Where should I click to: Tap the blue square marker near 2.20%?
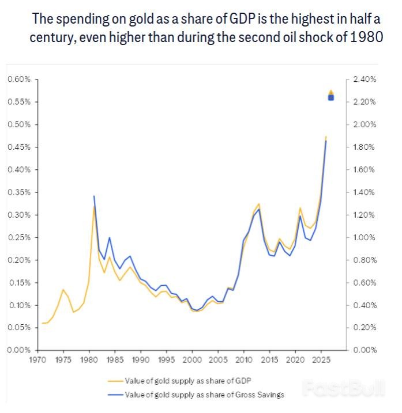point(331,97)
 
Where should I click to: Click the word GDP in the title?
point(238,19)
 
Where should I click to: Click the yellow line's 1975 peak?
point(63,289)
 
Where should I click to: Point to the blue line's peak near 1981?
point(93,196)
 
